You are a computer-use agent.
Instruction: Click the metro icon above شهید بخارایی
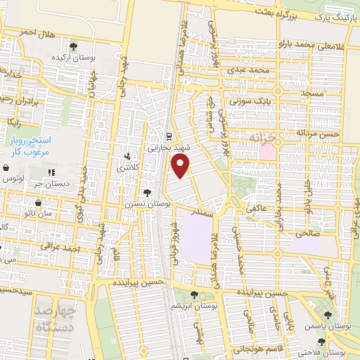pyautogui.click(x=169, y=137)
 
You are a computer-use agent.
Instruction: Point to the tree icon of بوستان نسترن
pyautogui.click(x=147, y=192)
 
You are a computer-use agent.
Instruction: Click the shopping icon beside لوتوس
pyautogui.click(x=6, y=169)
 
